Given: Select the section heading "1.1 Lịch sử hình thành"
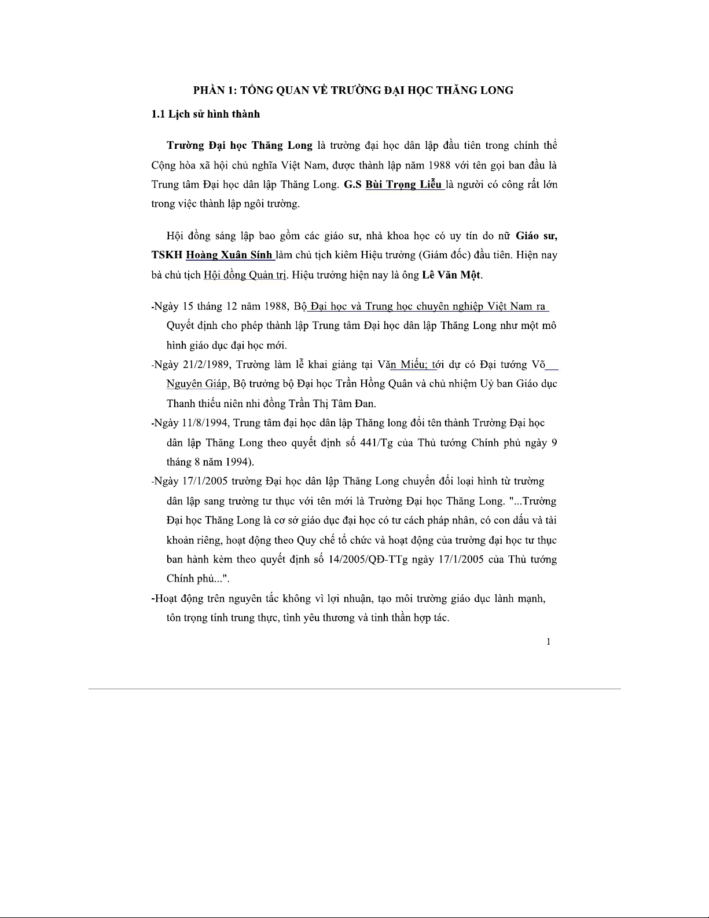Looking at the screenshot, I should coord(205,114).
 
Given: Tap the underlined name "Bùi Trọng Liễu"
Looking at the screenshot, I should coord(403,185).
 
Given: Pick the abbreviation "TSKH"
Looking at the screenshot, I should coord(167,255).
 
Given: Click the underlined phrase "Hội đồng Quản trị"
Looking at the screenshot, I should coord(245,275).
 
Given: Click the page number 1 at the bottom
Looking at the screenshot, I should coord(548,641).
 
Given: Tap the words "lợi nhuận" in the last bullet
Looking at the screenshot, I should coord(348,598).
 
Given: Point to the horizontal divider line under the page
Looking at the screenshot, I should coord(354,689).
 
